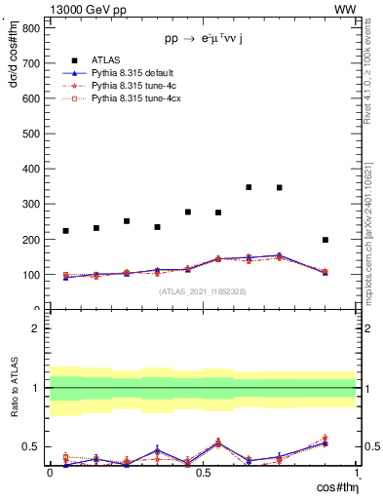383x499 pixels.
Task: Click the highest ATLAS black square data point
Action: (x=249, y=187)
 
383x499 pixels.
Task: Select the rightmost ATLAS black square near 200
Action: (x=326, y=240)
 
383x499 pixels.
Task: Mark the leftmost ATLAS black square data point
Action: (x=65, y=231)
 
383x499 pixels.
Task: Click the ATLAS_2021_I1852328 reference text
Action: (x=202, y=291)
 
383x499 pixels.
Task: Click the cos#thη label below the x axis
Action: (x=336, y=486)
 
